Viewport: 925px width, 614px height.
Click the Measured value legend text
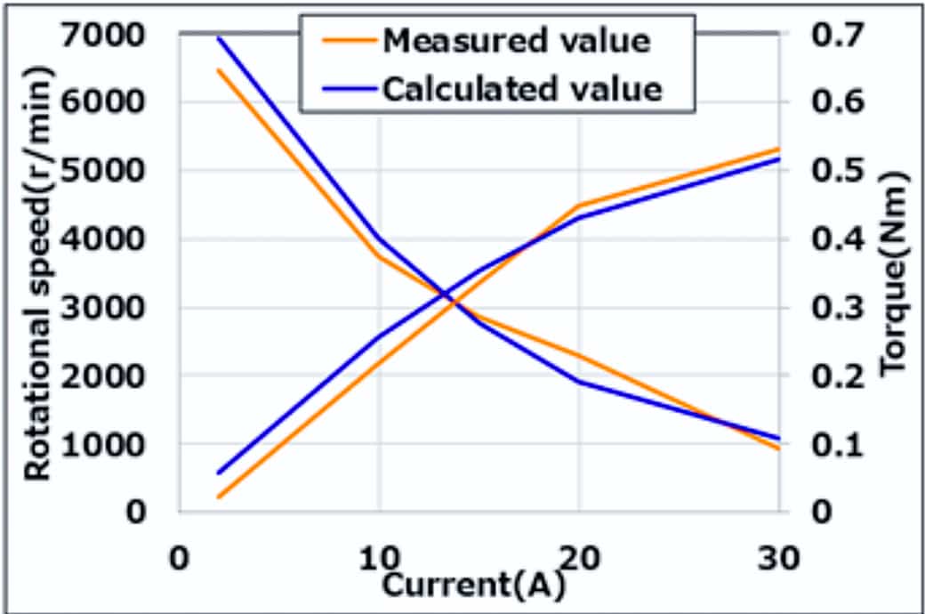[x=515, y=41]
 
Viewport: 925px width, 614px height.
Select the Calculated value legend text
[x=522, y=88]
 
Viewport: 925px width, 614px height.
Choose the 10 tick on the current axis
[x=379, y=560]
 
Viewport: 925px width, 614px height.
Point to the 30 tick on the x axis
[x=778, y=560]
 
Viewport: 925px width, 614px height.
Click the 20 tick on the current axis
[x=578, y=560]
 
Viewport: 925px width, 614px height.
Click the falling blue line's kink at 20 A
[x=579, y=382]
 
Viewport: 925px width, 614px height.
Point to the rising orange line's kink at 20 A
[x=579, y=206]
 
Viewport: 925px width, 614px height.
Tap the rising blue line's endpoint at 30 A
[x=778, y=158]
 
